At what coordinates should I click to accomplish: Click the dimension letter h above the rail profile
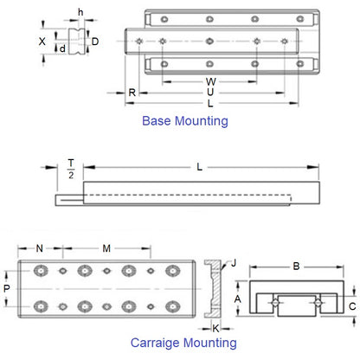(x=80, y=12)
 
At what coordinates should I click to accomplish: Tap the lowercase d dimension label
(x=62, y=49)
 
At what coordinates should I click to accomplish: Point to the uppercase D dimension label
(x=95, y=42)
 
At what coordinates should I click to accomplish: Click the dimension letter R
(x=132, y=92)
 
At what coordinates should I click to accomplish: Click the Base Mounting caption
(x=184, y=121)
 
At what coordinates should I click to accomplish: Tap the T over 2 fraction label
(x=71, y=168)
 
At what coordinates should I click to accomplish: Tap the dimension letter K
(x=215, y=328)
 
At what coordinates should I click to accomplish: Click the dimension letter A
(x=238, y=297)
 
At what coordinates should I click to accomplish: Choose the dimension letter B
(x=295, y=267)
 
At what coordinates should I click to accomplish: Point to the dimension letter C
(x=351, y=305)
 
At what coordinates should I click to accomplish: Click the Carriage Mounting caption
(x=183, y=343)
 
